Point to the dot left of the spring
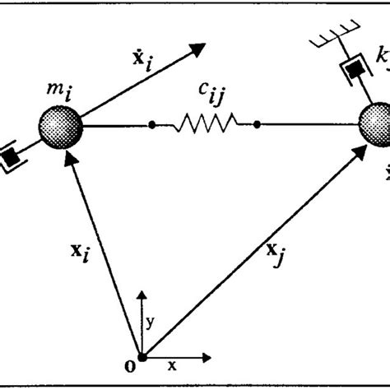click(152, 126)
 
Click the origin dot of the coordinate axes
click(143, 357)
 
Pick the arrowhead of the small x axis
click(200, 357)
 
